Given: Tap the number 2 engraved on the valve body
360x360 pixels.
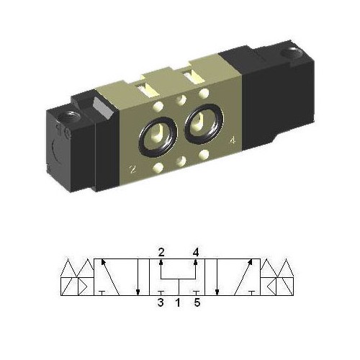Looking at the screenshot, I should pyautogui.click(x=132, y=170).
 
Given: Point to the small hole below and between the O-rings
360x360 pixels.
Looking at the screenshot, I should pyautogui.click(x=182, y=160).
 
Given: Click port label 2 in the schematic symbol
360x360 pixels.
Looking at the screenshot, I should pyautogui.click(x=161, y=252).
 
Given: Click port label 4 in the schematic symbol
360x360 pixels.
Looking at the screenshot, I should pyautogui.click(x=195, y=252).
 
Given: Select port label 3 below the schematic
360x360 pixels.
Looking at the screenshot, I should pyautogui.click(x=161, y=303).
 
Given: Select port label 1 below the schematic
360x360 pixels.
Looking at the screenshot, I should pyautogui.click(x=178, y=303).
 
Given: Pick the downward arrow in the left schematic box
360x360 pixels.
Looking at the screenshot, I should pyautogui.click(x=138, y=277).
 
